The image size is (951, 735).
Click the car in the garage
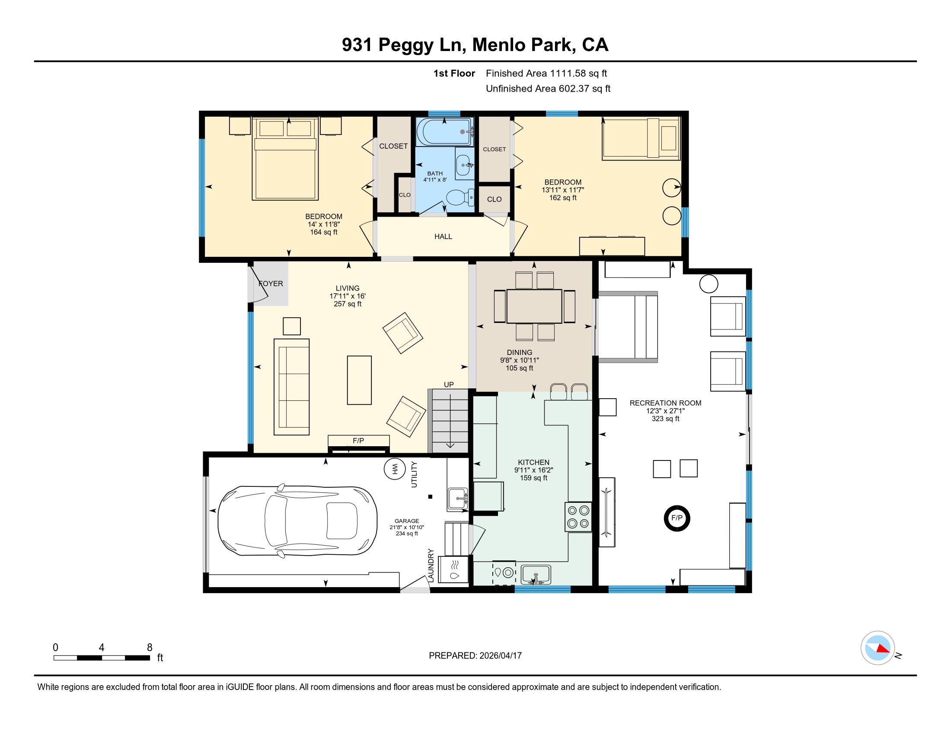(x=297, y=521)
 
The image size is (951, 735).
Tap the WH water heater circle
(x=395, y=469)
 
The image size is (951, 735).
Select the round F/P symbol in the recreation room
(x=677, y=518)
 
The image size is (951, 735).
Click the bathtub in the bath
(x=444, y=131)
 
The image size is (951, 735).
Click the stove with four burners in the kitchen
(x=578, y=517)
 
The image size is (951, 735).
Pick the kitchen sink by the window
(x=536, y=575)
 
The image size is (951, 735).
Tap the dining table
(x=534, y=306)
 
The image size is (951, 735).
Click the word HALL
(x=443, y=236)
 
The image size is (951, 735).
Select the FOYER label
(x=271, y=284)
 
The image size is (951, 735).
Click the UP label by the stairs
(x=449, y=384)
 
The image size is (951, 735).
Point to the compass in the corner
(x=878, y=648)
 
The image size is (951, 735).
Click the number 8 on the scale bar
(x=150, y=647)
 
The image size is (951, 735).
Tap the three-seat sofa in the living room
(x=291, y=387)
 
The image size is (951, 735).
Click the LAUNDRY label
(x=431, y=565)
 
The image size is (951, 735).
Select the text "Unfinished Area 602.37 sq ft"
(x=548, y=89)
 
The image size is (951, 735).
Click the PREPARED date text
(x=475, y=655)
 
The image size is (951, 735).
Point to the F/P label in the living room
(x=358, y=441)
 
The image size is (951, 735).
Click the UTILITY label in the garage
(x=414, y=474)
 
